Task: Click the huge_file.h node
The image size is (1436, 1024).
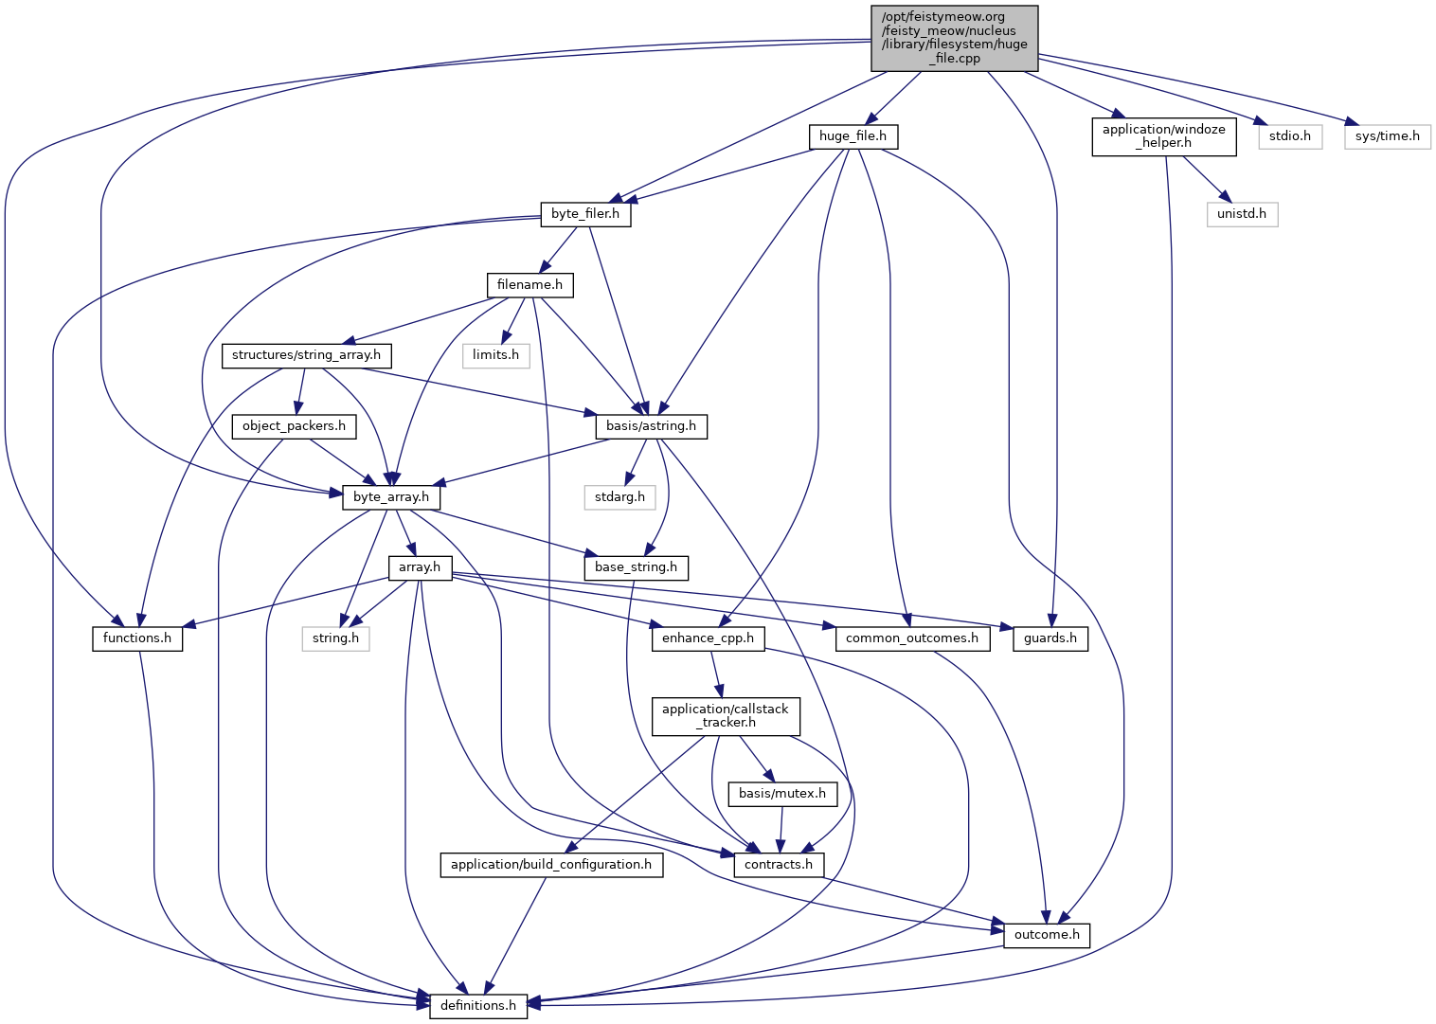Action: pos(853,136)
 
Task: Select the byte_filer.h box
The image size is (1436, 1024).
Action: pos(585,214)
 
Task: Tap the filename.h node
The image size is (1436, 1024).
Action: pos(530,284)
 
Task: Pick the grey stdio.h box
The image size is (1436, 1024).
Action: pos(1290,136)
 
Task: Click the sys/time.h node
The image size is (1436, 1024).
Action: pos(1387,136)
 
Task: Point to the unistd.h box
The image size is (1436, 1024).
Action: pos(1242,214)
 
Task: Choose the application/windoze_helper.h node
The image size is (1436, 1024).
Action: pos(1163,136)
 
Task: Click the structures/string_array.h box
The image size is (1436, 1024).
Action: pos(306,355)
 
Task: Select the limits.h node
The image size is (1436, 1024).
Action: pos(495,355)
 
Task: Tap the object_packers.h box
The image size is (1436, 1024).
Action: pos(294,426)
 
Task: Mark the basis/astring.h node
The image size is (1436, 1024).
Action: pos(651,426)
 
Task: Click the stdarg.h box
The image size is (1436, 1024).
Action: pos(619,497)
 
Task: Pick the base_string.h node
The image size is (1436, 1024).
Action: pos(636,567)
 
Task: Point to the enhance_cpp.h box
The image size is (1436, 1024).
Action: pos(708,638)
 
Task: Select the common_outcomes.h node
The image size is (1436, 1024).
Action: pos(911,638)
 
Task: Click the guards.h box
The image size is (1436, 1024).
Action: pos(1050,638)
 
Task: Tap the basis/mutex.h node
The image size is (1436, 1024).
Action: pos(781,794)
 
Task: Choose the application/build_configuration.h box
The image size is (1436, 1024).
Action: pos(550,865)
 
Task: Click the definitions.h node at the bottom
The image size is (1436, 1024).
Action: pos(478,1006)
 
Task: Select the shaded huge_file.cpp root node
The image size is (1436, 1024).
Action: pos(954,38)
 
